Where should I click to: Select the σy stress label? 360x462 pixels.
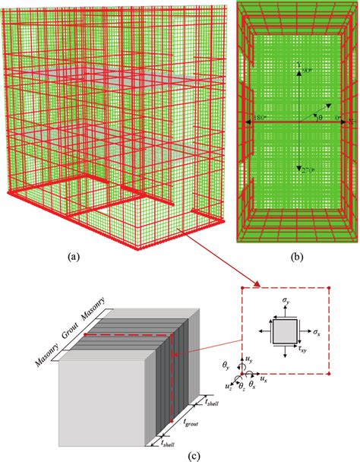click(285, 302)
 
